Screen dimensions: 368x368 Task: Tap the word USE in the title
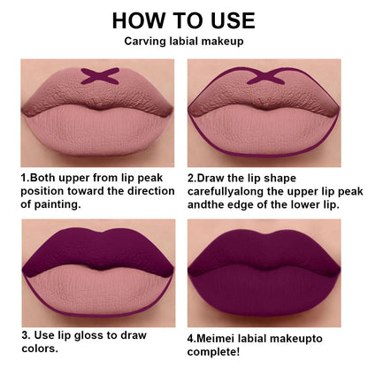pyautogui.click(x=227, y=19)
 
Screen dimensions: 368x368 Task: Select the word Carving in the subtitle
pyautogui.click(x=144, y=42)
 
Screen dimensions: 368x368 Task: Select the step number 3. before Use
pyautogui.click(x=26, y=336)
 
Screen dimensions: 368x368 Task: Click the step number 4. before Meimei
pyautogui.click(x=192, y=336)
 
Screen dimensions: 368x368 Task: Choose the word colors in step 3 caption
pyautogui.click(x=42, y=349)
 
